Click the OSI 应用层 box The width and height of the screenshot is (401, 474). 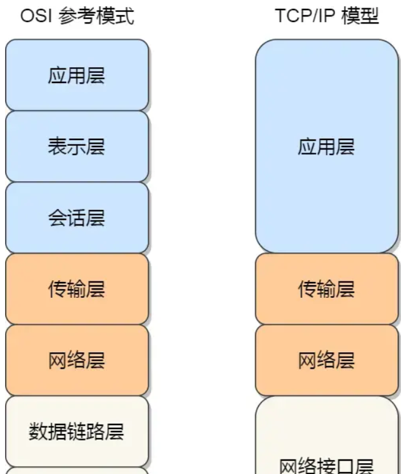pos(77,75)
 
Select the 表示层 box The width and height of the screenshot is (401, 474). pos(77,147)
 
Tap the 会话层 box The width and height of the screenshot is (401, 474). pos(77,218)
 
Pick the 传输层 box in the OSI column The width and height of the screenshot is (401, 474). pos(77,290)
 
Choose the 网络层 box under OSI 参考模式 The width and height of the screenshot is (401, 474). pos(77,361)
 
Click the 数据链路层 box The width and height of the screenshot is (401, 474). pos(77,432)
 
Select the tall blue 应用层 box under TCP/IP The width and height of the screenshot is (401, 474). pos(326,147)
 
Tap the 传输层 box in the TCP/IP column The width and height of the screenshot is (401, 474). pos(326,290)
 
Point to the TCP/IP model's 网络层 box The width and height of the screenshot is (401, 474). pos(326,361)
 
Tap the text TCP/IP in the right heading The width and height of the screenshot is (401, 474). pos(298,16)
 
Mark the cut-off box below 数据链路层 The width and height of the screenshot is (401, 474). pos(77,471)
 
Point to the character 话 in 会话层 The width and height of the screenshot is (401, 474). pos(77,219)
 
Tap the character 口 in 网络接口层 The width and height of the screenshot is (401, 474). pos(345,466)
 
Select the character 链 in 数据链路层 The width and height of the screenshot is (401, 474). pos(77,432)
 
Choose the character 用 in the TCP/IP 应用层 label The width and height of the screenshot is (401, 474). pos(326,147)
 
